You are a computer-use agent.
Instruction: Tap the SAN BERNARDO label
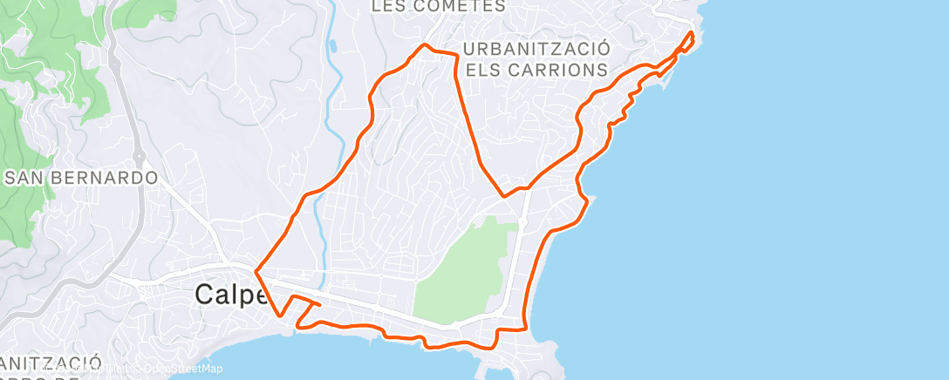(81, 178)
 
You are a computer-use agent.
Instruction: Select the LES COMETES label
(438, 6)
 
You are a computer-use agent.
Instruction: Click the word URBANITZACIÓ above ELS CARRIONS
(536, 49)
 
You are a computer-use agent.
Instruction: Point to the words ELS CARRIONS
(536, 69)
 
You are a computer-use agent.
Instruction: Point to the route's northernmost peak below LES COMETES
(425, 44)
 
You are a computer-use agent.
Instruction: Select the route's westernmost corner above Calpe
(256, 268)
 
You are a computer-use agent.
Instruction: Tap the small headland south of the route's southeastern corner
(545, 353)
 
